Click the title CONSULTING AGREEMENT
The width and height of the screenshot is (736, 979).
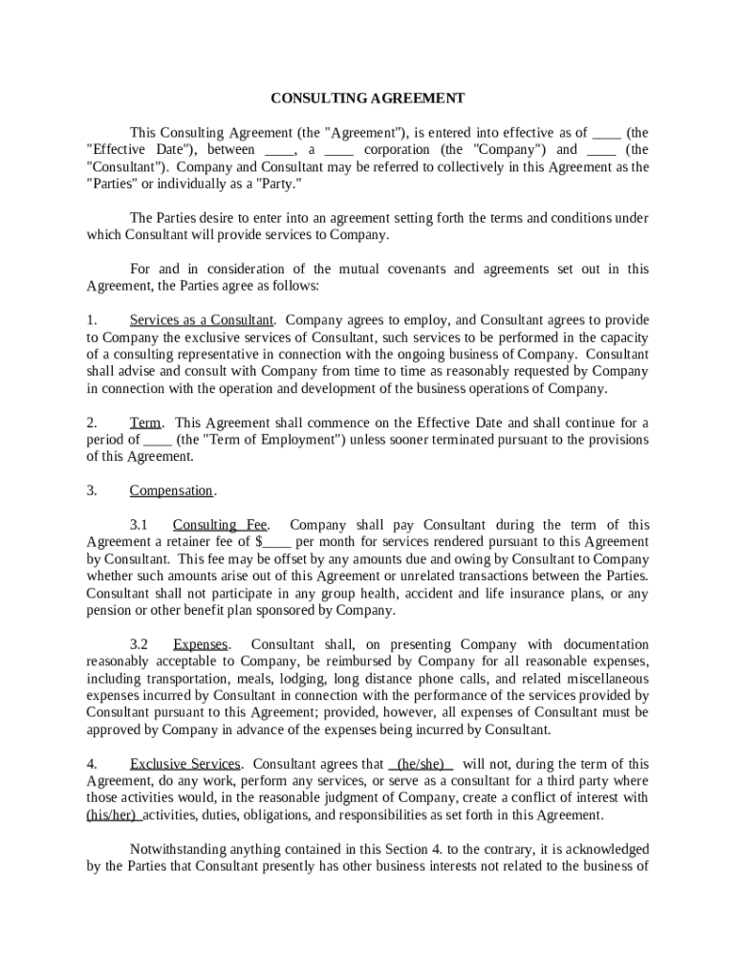pos(367,98)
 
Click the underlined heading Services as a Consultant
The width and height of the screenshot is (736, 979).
pos(202,320)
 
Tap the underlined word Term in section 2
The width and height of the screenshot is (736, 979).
pos(145,423)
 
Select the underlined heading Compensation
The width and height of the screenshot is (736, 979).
pos(171,491)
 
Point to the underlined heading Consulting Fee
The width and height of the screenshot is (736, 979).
pos(220,525)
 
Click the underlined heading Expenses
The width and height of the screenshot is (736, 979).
pos(201,645)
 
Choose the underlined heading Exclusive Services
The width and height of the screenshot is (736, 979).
pos(184,765)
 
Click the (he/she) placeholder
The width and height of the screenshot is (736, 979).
pos(421,765)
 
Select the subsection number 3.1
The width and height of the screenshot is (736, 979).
pos(140,525)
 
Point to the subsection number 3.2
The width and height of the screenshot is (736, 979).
pos(140,645)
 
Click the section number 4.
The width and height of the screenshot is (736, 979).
pos(92,765)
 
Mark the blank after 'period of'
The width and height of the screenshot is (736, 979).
pos(158,440)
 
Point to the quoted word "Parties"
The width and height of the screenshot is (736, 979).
pos(114,184)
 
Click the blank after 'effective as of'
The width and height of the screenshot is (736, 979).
pos(607,133)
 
